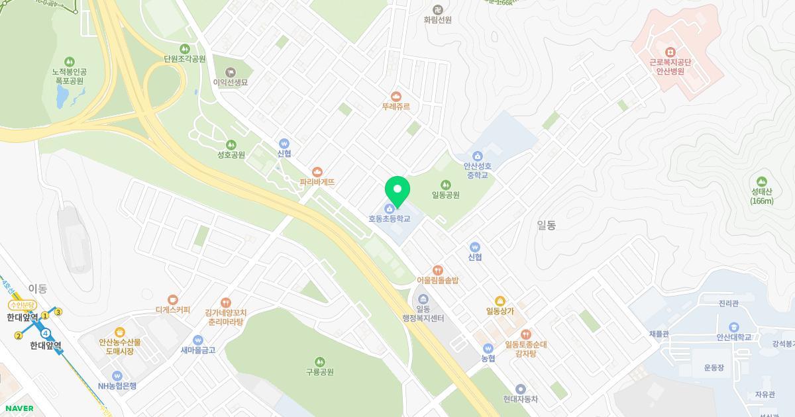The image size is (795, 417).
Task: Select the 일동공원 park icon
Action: pos(446,185)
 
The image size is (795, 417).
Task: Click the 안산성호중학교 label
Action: pos(478,171)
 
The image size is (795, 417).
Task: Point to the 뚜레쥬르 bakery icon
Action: pos(396,97)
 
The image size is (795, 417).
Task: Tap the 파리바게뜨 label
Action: pos(317,182)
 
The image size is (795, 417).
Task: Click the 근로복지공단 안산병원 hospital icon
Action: pos(670,52)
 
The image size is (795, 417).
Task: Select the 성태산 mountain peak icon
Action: pos(762,181)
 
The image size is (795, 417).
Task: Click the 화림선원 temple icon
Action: pos(437,9)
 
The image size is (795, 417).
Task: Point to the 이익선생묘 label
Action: pos(231,83)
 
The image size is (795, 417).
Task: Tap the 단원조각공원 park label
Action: pos(185,59)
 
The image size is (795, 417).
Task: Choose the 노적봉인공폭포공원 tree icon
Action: pos(70,62)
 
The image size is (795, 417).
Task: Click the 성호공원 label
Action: pos(231,155)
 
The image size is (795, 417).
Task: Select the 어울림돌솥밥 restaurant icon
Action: pos(437,270)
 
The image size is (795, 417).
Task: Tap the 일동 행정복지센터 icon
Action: pos(423,300)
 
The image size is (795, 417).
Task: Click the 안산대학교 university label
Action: pos(733,337)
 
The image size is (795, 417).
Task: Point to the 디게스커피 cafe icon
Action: pos(173,300)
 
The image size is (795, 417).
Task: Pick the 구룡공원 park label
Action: pos(319,372)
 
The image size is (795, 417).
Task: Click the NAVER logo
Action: pos(19,408)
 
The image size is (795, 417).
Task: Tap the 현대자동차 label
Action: pos(520,399)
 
